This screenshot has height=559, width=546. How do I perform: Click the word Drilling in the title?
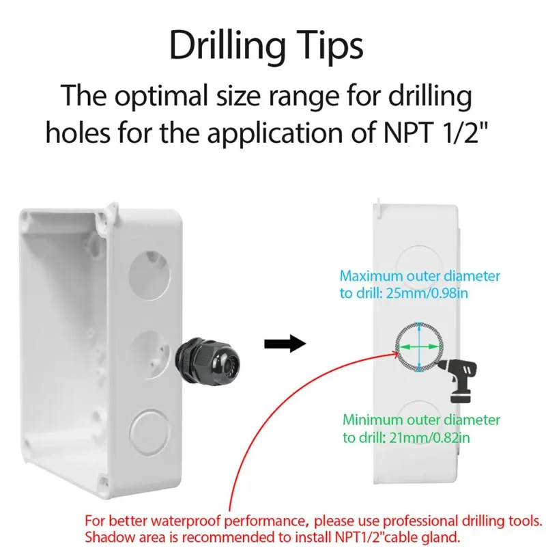(x=227, y=46)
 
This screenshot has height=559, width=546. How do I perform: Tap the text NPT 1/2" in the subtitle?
(x=435, y=132)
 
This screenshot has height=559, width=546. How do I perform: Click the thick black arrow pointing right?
(x=285, y=344)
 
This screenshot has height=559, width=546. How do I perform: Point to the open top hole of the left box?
(x=149, y=275)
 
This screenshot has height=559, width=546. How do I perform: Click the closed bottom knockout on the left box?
(x=149, y=432)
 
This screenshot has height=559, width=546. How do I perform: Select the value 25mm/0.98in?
(x=427, y=293)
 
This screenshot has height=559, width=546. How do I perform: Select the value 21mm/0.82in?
(x=429, y=437)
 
